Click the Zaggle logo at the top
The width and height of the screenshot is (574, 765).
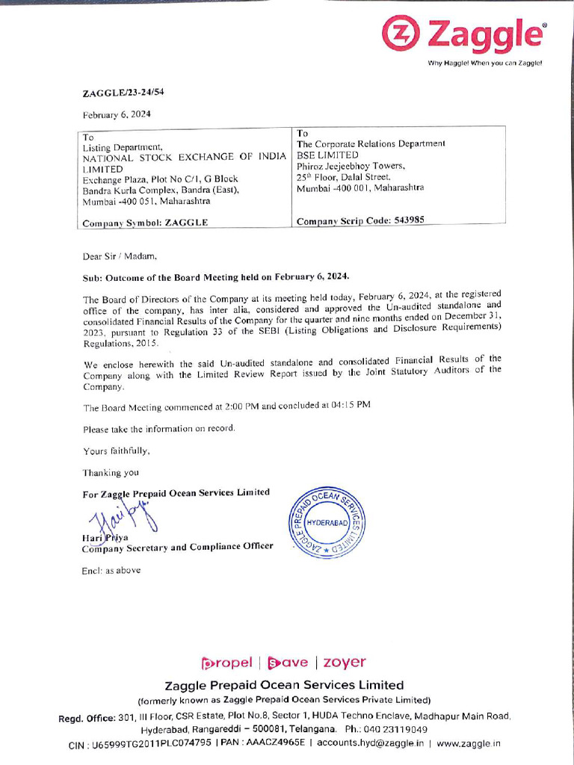pos(463,34)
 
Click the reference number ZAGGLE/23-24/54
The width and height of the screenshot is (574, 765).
pos(123,93)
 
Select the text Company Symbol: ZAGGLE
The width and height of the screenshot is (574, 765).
pos(145,223)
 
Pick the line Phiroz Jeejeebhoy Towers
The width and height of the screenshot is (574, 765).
pos(351,166)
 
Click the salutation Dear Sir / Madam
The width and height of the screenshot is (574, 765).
pos(120,256)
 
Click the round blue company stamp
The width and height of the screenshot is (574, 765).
pos(322,523)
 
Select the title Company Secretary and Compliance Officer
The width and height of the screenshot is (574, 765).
pos(177,547)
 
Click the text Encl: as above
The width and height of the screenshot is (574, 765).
pos(111,570)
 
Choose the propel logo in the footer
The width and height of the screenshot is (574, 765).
pos(227,662)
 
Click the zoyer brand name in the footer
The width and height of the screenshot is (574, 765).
pos(345,662)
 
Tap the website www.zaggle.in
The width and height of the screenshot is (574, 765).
pos(469,743)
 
